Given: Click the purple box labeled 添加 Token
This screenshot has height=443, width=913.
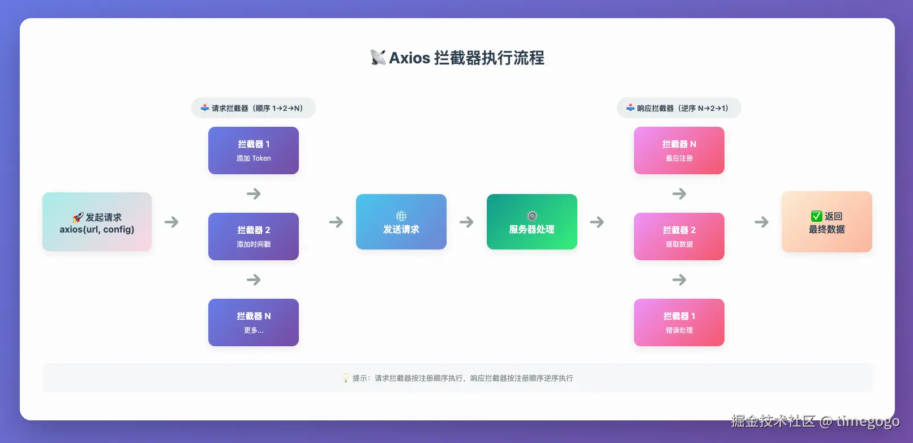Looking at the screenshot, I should click(253, 150).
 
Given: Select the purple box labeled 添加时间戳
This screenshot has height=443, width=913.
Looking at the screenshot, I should click(253, 236).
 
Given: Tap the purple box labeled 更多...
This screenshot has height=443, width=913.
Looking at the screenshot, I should click(253, 322).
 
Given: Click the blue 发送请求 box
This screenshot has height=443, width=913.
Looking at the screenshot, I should click(401, 222).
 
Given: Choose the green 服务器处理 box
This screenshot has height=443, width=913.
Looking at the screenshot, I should click(531, 222).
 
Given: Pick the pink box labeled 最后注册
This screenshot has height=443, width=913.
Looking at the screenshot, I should click(679, 150).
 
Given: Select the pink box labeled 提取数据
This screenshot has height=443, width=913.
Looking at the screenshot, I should click(679, 236).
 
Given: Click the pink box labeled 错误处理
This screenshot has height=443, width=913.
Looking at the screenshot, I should click(679, 322).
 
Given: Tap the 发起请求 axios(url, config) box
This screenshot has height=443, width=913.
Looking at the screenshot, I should click(97, 222).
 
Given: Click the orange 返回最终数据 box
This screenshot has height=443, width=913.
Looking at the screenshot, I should click(826, 222).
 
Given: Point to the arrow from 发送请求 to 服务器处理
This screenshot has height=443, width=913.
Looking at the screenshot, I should click(466, 222).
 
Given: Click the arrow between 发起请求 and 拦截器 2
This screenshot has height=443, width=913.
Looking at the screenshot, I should click(172, 222).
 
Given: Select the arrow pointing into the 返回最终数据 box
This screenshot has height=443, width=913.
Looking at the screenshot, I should click(761, 222).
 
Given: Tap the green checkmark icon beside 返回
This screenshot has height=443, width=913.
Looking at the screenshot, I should click(816, 216).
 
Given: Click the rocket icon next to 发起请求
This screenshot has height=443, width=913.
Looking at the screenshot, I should click(78, 217).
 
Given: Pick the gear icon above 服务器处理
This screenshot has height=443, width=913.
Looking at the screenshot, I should click(531, 216).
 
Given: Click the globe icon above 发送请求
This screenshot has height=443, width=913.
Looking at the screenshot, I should click(401, 216).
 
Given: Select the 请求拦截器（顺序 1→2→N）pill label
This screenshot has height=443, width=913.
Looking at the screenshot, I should click(253, 108).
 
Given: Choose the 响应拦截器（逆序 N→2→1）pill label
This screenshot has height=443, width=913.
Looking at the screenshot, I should click(679, 108).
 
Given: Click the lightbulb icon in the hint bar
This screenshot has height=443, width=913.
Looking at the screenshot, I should click(345, 378).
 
